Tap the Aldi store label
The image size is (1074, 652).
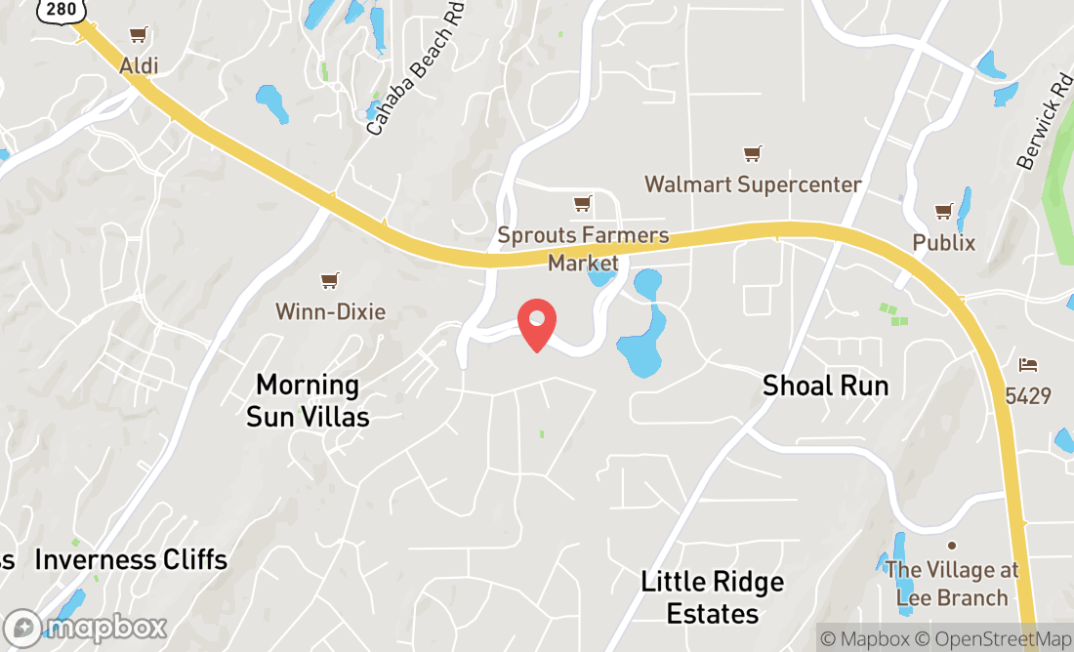[139, 66]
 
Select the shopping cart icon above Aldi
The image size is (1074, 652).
[139, 36]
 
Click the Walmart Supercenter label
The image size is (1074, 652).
[753, 184]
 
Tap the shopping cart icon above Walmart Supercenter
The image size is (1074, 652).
[752, 154]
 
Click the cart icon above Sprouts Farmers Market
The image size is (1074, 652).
[583, 204]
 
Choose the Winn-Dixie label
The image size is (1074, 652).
[330, 312]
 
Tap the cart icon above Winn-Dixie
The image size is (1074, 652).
[330, 281]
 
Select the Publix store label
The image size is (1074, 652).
[943, 242]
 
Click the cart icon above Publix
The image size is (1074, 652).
[943, 211]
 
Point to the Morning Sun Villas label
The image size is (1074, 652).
[308, 400]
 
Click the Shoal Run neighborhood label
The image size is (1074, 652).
[826, 386]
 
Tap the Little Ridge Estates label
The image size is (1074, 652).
[713, 597]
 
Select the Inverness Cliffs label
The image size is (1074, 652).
[131, 560]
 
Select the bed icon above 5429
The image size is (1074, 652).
[1028, 365]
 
